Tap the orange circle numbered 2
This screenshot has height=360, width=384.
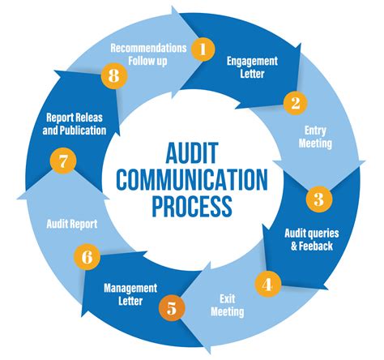click(295, 103)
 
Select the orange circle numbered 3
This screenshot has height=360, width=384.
click(318, 198)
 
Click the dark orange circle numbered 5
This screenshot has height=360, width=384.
click(169, 308)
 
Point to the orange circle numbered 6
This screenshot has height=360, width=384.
click(87, 259)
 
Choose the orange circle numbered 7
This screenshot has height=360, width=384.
click(62, 160)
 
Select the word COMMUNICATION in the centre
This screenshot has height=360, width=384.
click(193, 178)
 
